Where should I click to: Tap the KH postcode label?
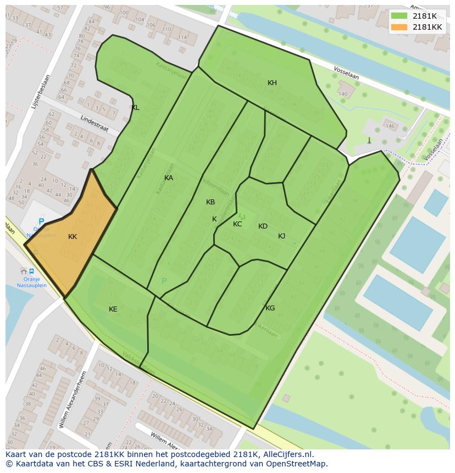[x=272, y=83]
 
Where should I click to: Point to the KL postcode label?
[x=135, y=108]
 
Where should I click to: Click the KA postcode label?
[x=169, y=178]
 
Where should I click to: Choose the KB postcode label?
[x=210, y=202]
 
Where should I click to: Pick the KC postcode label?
[x=237, y=224]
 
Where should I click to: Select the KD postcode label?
[x=263, y=226]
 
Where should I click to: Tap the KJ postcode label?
[x=281, y=236]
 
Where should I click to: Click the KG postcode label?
[x=270, y=308]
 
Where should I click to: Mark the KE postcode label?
[x=113, y=309]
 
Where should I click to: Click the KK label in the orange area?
[x=73, y=237]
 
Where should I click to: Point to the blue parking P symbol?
[x=41, y=222]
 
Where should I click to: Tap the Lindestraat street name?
[x=94, y=124]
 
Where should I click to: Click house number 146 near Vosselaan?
[x=390, y=126]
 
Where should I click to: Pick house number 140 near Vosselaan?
[x=343, y=94]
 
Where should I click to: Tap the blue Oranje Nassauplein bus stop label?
[x=31, y=282]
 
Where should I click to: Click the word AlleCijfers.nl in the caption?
[x=287, y=454]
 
